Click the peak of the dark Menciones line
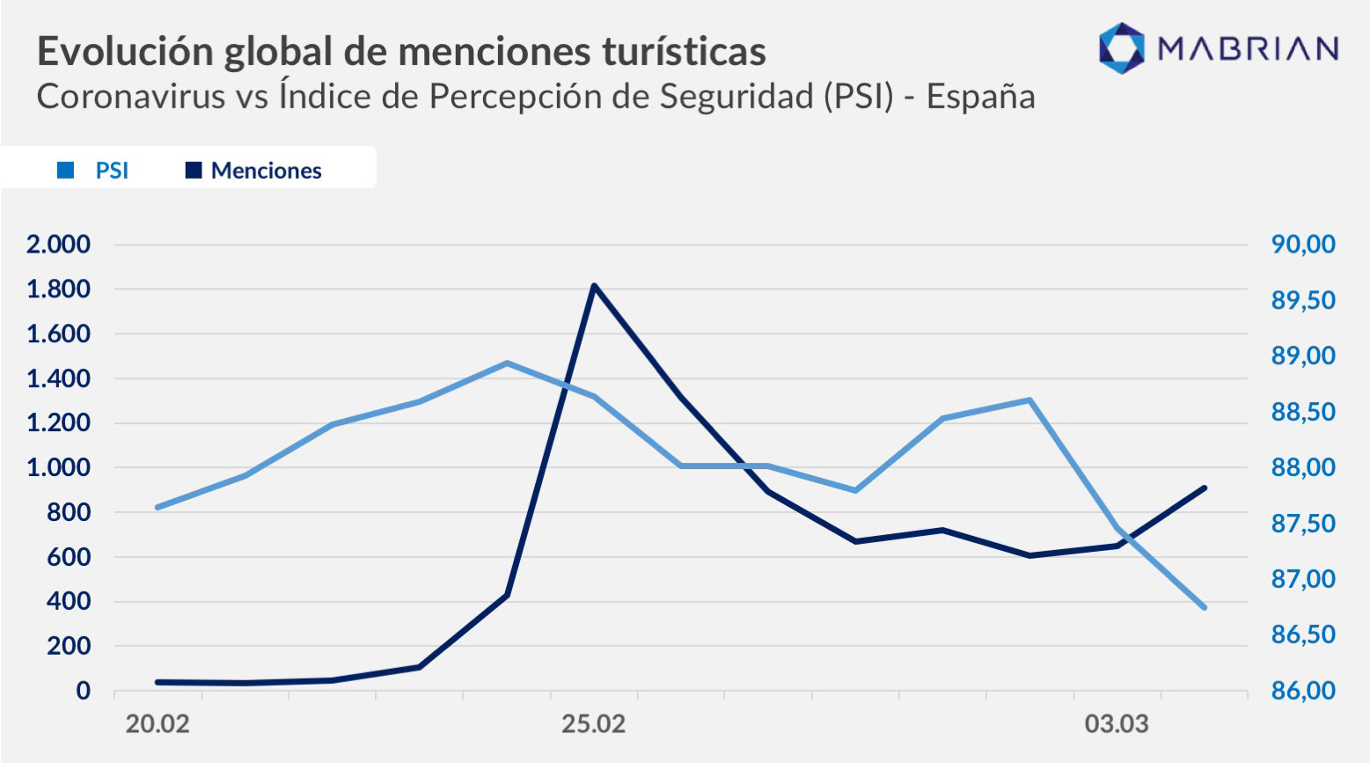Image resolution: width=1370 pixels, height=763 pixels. (x=594, y=285)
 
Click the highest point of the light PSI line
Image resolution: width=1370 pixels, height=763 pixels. (x=507, y=363)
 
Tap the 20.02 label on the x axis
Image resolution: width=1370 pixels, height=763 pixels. (x=158, y=725)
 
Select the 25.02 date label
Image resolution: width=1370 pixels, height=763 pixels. (x=594, y=725)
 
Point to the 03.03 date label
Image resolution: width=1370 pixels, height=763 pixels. (x=1117, y=725)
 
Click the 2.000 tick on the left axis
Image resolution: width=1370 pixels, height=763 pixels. (x=58, y=245)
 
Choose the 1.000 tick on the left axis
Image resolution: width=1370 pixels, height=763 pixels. (x=58, y=468)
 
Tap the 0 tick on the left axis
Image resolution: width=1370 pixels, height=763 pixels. (x=83, y=691)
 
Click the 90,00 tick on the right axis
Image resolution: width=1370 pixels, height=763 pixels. (x=1303, y=245)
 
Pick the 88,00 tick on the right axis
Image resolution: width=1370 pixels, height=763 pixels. (x=1303, y=468)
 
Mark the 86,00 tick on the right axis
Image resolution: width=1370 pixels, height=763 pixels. (x=1303, y=692)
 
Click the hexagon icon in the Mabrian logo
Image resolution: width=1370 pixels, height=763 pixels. (x=1122, y=48)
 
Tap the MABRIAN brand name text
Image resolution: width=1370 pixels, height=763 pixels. (x=1248, y=48)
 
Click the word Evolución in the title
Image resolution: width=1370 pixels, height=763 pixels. (x=125, y=51)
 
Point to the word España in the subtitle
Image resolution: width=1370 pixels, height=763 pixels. (x=980, y=96)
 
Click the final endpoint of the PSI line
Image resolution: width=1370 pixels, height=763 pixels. (x=1204, y=607)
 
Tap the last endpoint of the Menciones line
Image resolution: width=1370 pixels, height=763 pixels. (x=1204, y=488)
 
